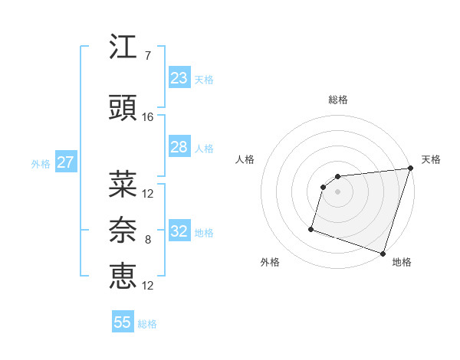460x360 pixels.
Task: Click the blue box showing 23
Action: coord(179,78)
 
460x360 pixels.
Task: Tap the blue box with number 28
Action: coord(179,147)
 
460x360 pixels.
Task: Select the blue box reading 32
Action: coord(179,231)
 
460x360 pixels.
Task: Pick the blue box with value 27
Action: coord(65,162)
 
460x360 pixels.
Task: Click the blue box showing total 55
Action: coord(123,322)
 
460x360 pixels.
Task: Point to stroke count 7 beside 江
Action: coord(147,56)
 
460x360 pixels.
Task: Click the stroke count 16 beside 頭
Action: coord(148,116)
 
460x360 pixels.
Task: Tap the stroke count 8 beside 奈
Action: coord(147,240)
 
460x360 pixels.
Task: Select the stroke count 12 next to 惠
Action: coord(148,286)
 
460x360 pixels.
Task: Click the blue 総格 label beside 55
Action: coord(147,324)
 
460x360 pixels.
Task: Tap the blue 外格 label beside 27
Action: coord(41,163)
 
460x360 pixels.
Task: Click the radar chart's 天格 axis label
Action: coord(431,159)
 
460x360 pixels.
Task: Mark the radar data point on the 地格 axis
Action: coord(383,253)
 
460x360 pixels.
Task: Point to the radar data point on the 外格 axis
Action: coord(311,228)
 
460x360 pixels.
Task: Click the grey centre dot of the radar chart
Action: coord(337,192)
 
